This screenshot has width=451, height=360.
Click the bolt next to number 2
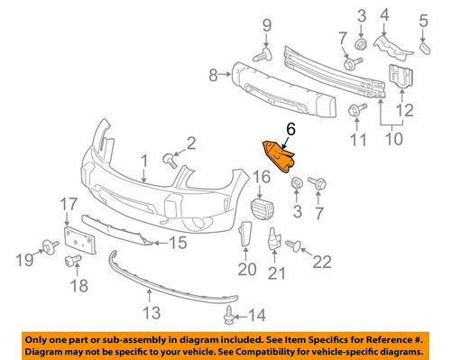170,160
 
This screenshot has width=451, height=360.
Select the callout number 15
177,242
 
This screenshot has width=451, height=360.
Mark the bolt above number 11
354,111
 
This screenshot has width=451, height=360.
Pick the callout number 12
406,111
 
